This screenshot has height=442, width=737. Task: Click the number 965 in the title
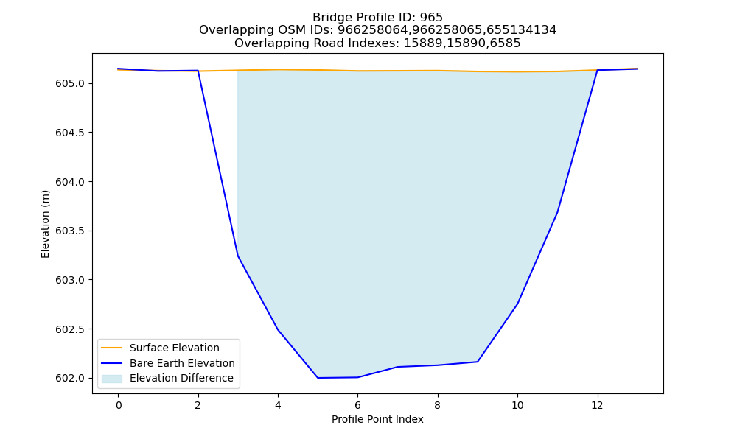click(431, 18)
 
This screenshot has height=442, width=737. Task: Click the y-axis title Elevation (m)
click(45, 224)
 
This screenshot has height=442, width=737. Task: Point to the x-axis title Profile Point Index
click(377, 419)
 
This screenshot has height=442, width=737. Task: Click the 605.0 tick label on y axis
click(70, 83)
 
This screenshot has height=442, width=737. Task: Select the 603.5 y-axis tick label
click(70, 231)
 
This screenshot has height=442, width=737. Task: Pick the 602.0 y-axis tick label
click(70, 379)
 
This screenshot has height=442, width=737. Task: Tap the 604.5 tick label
click(70, 133)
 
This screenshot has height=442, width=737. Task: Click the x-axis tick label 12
click(597, 405)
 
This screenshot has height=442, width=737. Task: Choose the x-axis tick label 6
click(357, 405)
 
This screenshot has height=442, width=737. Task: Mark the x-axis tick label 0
click(119, 405)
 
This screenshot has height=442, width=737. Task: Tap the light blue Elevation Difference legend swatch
click(112, 379)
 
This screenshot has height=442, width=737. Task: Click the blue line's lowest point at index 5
click(318, 378)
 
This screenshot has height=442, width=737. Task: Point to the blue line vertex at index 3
click(238, 256)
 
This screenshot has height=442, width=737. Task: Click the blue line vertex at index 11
click(557, 212)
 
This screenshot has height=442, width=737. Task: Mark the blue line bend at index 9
click(478, 362)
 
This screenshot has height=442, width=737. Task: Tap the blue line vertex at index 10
click(517, 304)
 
